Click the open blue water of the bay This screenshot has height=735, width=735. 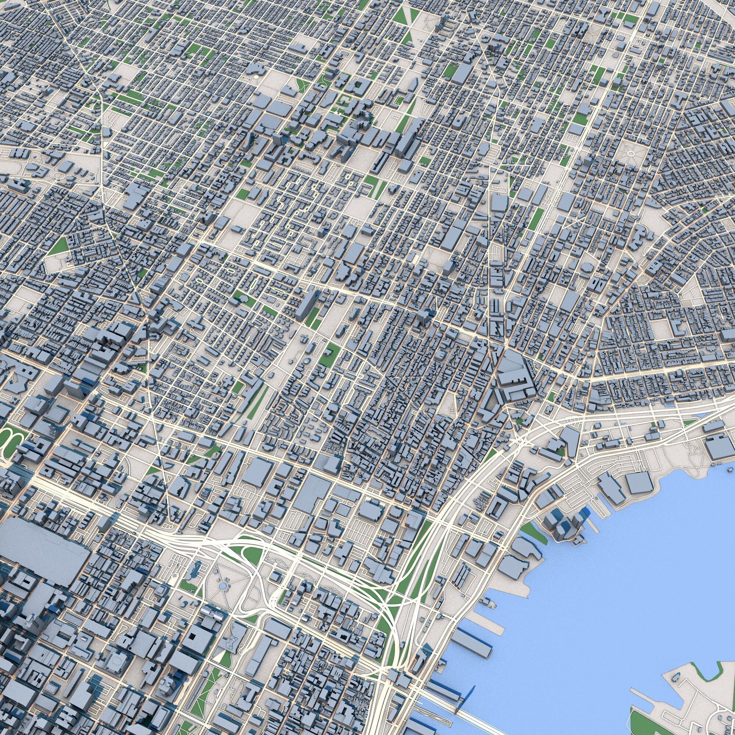click(609, 590)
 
